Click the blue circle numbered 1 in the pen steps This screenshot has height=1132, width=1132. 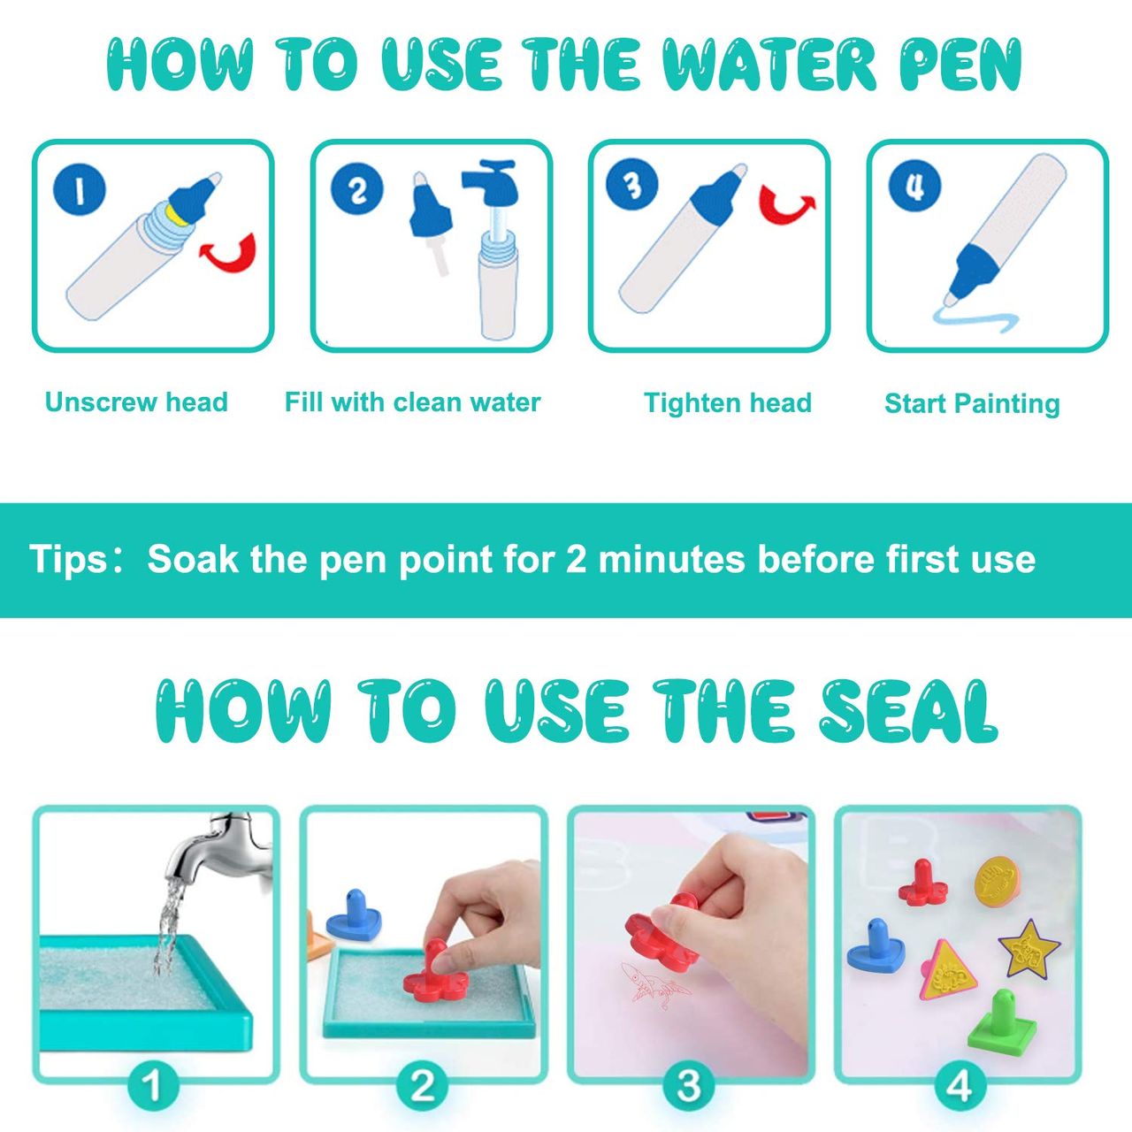pyautogui.click(x=80, y=190)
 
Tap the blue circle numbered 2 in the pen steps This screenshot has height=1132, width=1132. pyautogui.click(x=356, y=189)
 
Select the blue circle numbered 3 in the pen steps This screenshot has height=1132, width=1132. pyautogui.click(x=632, y=185)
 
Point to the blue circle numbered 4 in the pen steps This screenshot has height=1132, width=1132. pyautogui.click(x=914, y=187)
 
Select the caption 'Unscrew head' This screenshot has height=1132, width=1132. pyautogui.click(x=136, y=402)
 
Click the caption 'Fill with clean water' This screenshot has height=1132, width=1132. pyautogui.click(x=412, y=402)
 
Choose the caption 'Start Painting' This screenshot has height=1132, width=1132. pyautogui.click(x=972, y=403)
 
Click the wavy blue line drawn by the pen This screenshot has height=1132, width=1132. pyautogui.click(x=977, y=321)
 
